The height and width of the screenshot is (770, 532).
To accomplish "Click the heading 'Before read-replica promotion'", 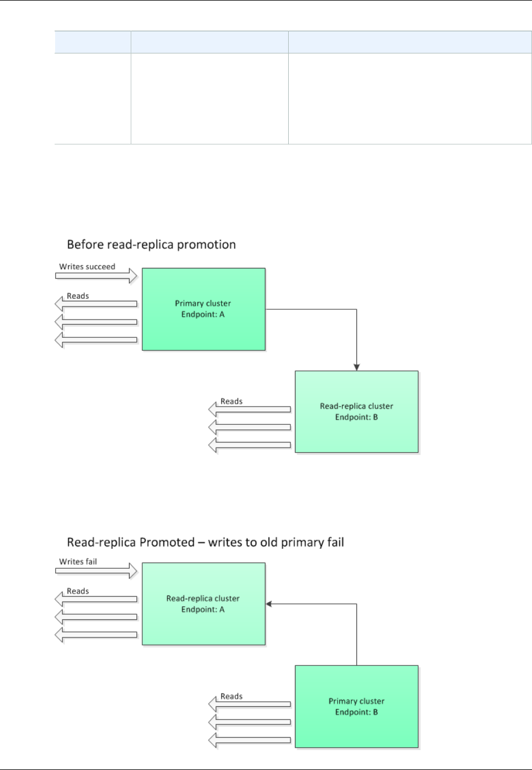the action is pos(151,245).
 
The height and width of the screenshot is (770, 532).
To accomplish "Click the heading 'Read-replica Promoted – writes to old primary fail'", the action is pos(205,542).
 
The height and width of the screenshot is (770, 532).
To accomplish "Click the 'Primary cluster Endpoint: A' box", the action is pos(203,309).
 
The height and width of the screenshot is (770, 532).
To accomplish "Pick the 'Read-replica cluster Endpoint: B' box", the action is pos(356,412).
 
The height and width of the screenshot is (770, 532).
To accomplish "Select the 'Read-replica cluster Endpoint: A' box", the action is pos(203,604).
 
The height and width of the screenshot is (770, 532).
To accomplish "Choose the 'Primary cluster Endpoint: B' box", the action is pos(356,706).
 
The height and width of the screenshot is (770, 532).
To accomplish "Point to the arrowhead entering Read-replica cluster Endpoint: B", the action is pos(356,367).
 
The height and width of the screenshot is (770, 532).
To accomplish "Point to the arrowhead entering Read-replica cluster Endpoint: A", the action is pos(269,604).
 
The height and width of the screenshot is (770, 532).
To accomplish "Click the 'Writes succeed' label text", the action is pos(87,267).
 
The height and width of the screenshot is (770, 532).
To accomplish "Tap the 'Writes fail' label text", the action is pos(78,562).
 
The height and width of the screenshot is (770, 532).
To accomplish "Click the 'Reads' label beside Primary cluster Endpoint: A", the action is pos(78,296).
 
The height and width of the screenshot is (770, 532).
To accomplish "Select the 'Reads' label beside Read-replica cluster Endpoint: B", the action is pos(231,401).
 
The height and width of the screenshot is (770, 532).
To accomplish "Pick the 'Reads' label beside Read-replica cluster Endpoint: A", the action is pos(78,591).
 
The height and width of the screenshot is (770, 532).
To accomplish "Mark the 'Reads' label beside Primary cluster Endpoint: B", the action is pos(231,697).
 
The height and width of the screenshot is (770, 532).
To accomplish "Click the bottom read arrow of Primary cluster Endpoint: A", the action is pos(96,340).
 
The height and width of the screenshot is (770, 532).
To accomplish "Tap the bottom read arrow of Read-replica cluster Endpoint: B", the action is pos(250,445).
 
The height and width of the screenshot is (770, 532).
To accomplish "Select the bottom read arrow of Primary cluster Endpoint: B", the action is pos(250,740).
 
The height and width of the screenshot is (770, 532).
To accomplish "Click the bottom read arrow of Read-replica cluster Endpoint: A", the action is pos(96,635).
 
